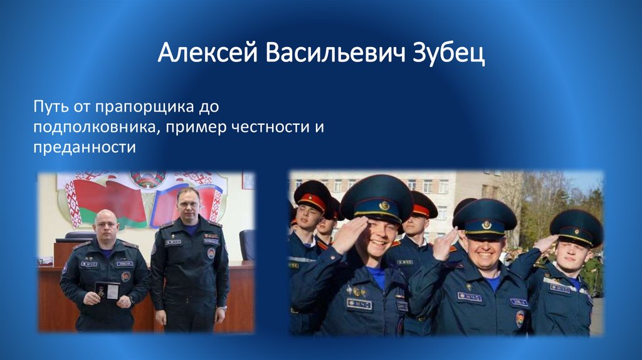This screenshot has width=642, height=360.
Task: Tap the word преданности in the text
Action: (x=84, y=148)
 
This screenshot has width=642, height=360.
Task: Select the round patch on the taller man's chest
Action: (x=211, y=252)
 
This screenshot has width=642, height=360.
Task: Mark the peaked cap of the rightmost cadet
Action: (x=576, y=227)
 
